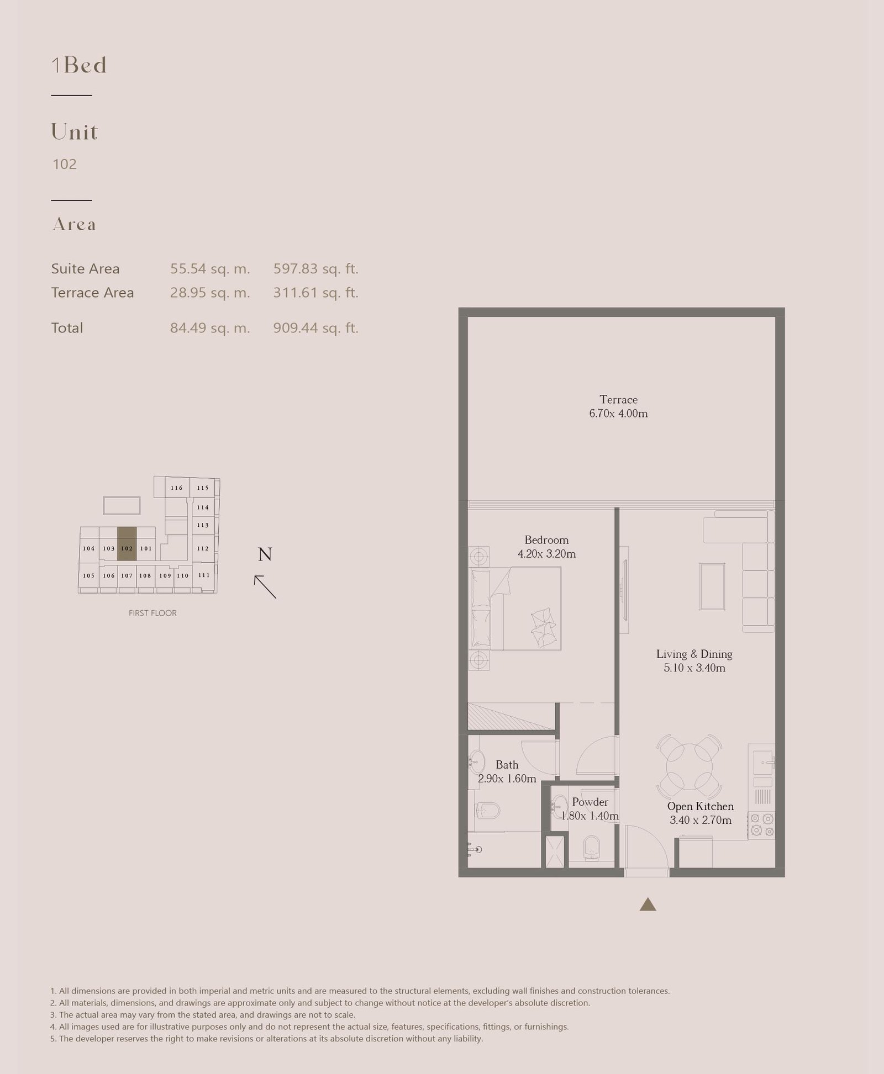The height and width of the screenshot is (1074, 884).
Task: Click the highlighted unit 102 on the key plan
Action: point(127,544)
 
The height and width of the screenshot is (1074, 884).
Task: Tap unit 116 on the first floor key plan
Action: point(177,488)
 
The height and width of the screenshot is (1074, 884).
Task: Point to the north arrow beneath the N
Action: point(265,587)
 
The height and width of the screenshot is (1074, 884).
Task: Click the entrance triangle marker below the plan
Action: point(648,904)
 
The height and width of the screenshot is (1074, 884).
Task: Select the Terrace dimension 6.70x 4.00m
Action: point(618,414)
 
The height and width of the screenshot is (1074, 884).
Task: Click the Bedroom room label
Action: point(546,540)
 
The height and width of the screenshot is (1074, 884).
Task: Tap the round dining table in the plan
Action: point(689,766)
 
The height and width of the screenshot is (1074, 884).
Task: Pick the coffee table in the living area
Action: point(712,586)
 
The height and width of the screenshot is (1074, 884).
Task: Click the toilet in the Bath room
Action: point(487,811)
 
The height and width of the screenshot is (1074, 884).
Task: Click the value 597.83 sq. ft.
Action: point(316,269)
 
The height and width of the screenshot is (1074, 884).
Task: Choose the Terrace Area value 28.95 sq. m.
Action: point(210,293)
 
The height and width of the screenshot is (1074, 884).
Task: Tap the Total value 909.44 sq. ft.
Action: point(316,328)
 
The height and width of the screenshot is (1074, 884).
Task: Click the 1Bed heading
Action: point(79,65)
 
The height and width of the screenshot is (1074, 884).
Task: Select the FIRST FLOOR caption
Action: point(152,613)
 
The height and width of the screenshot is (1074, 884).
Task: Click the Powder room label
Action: point(590,802)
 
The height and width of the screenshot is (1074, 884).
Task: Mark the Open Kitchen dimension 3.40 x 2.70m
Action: point(701,821)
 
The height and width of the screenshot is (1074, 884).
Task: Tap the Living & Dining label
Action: point(694,654)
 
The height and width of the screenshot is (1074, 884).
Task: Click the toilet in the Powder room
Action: point(592,848)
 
